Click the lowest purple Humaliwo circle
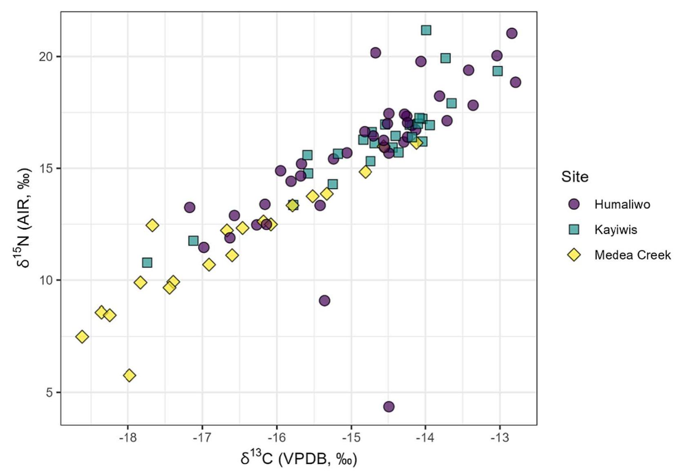389,407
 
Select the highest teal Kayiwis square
426,30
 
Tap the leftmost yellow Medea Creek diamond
82,337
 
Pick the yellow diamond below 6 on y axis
130,376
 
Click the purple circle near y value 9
324,301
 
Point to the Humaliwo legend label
622,204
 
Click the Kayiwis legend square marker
574,230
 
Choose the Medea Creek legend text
632,255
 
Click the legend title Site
574,177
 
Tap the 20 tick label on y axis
47,56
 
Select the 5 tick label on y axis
50,392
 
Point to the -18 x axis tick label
128,438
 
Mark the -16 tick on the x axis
277,438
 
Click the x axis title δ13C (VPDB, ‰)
299,459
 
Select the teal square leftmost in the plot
147,262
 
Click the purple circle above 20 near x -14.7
375,53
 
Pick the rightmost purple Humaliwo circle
515,82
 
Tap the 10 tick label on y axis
47,280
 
